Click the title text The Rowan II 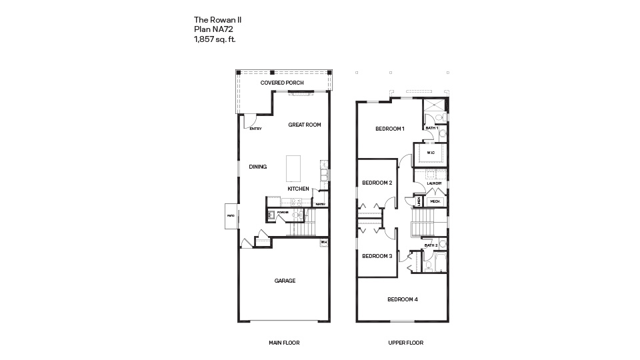pyautogui.click(x=213, y=21)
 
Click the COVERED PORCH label pyautogui.click(x=282, y=83)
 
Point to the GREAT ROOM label pyautogui.click(x=304, y=125)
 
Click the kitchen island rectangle pyautogui.click(x=293, y=168)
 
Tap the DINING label pyautogui.click(x=258, y=167)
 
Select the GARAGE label pyautogui.click(x=285, y=281)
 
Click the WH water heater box pyautogui.click(x=324, y=242)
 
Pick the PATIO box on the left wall pyautogui.click(x=231, y=216)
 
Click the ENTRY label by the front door pyautogui.click(x=255, y=129)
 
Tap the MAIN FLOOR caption pyautogui.click(x=284, y=343)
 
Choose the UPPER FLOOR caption pyautogui.click(x=405, y=343)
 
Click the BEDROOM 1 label pyautogui.click(x=389, y=129)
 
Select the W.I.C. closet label pyautogui.click(x=431, y=153)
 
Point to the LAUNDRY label pyautogui.click(x=435, y=183)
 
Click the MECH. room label pyautogui.click(x=435, y=201)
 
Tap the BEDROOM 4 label pyautogui.click(x=402, y=299)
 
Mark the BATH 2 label pyautogui.click(x=431, y=245)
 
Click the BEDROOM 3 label pyautogui.click(x=377, y=256)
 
